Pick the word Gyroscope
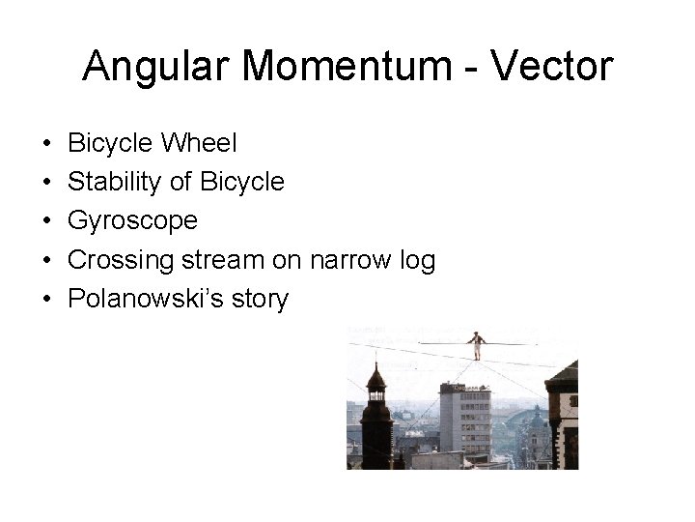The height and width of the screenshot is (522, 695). point(133,221)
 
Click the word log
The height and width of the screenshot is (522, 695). point(419,260)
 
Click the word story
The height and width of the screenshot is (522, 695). point(258,300)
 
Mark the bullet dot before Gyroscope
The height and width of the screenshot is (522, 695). point(47,221)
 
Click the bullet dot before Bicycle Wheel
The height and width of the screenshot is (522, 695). point(47,143)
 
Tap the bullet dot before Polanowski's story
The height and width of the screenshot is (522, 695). point(47,300)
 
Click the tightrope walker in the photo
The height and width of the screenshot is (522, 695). point(476,344)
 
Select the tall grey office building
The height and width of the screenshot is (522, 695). point(464,416)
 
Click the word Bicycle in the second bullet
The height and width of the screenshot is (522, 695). point(241,182)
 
